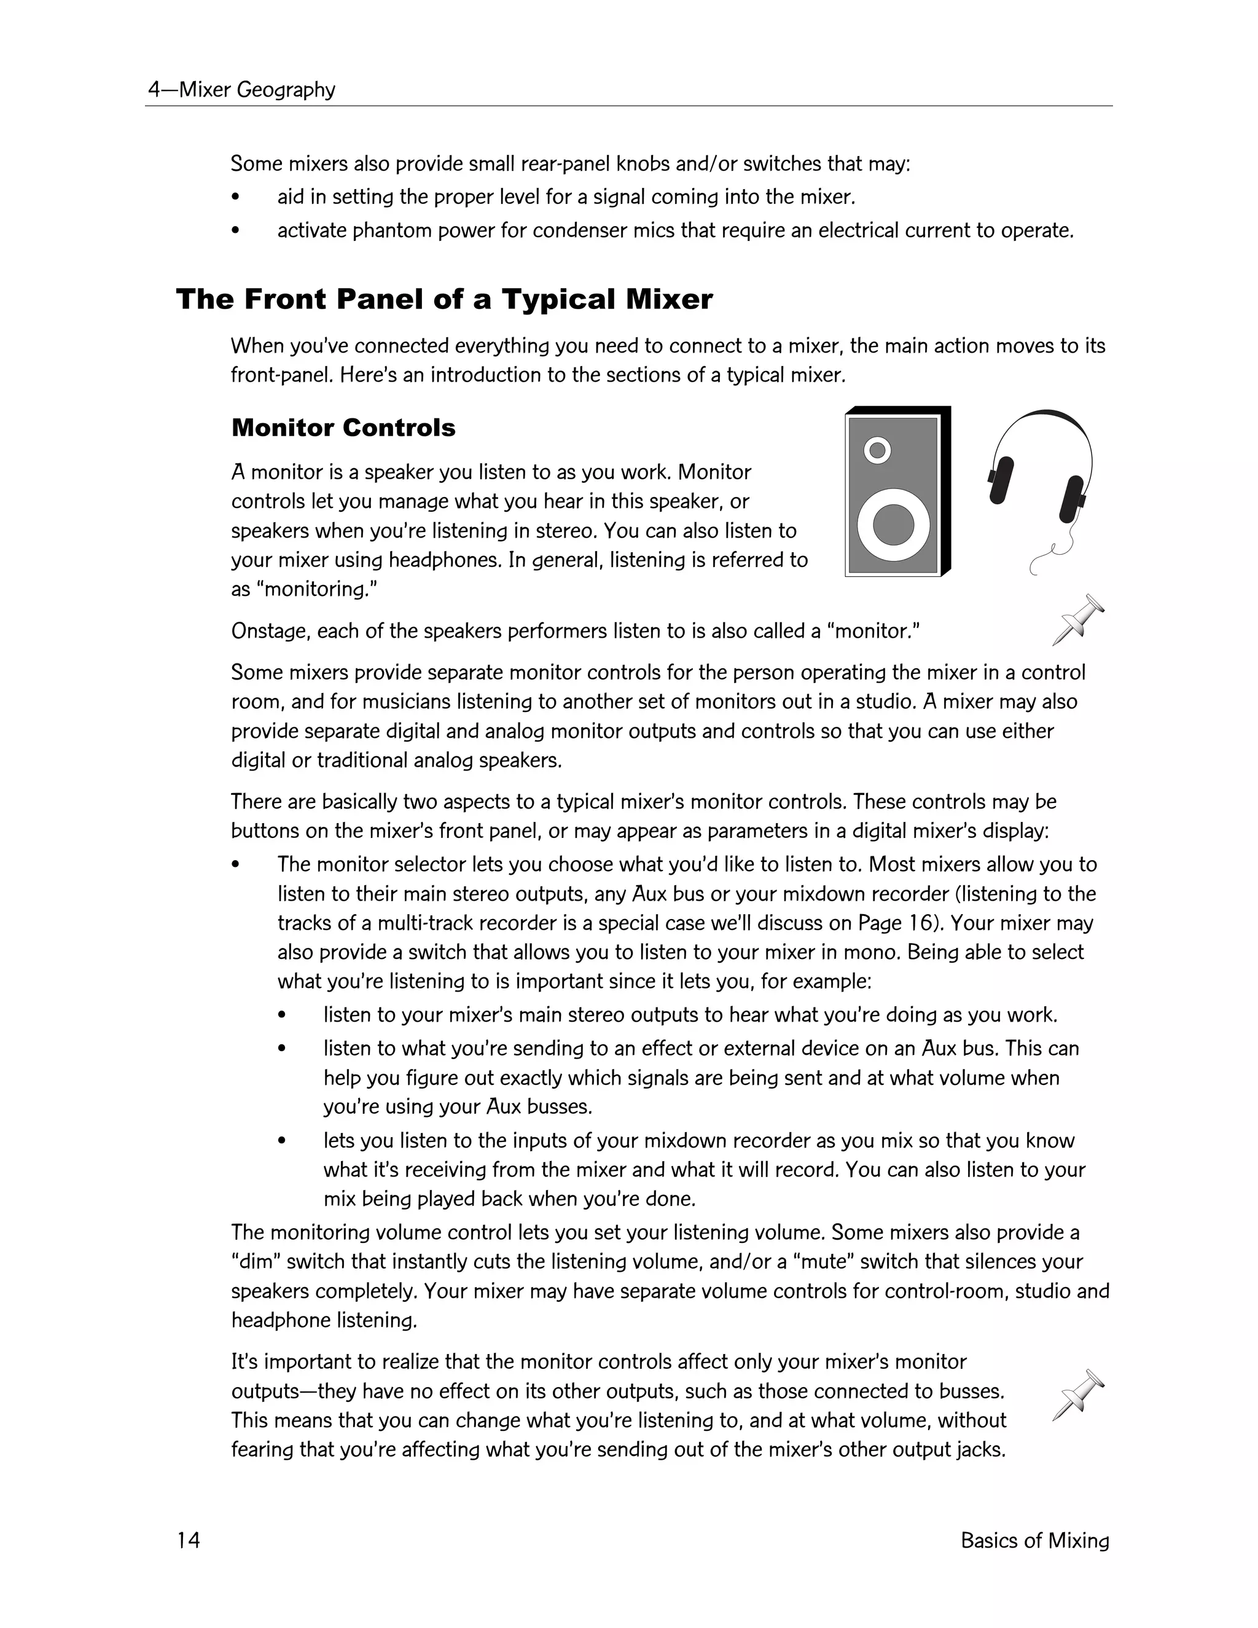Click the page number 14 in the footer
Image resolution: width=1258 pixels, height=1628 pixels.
(189, 1540)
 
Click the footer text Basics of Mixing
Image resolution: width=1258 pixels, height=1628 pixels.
(1034, 1540)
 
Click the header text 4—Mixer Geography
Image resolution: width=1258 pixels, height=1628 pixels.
(241, 90)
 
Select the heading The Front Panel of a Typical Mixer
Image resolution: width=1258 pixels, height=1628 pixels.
(444, 300)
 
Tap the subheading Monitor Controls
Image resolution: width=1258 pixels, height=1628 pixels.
(343, 428)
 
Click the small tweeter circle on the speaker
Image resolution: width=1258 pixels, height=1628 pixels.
(877, 450)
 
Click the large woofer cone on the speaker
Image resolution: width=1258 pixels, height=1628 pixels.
(893, 524)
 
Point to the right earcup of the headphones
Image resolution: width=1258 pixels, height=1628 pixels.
(1072, 499)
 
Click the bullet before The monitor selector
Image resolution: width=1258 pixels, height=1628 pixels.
(235, 865)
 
